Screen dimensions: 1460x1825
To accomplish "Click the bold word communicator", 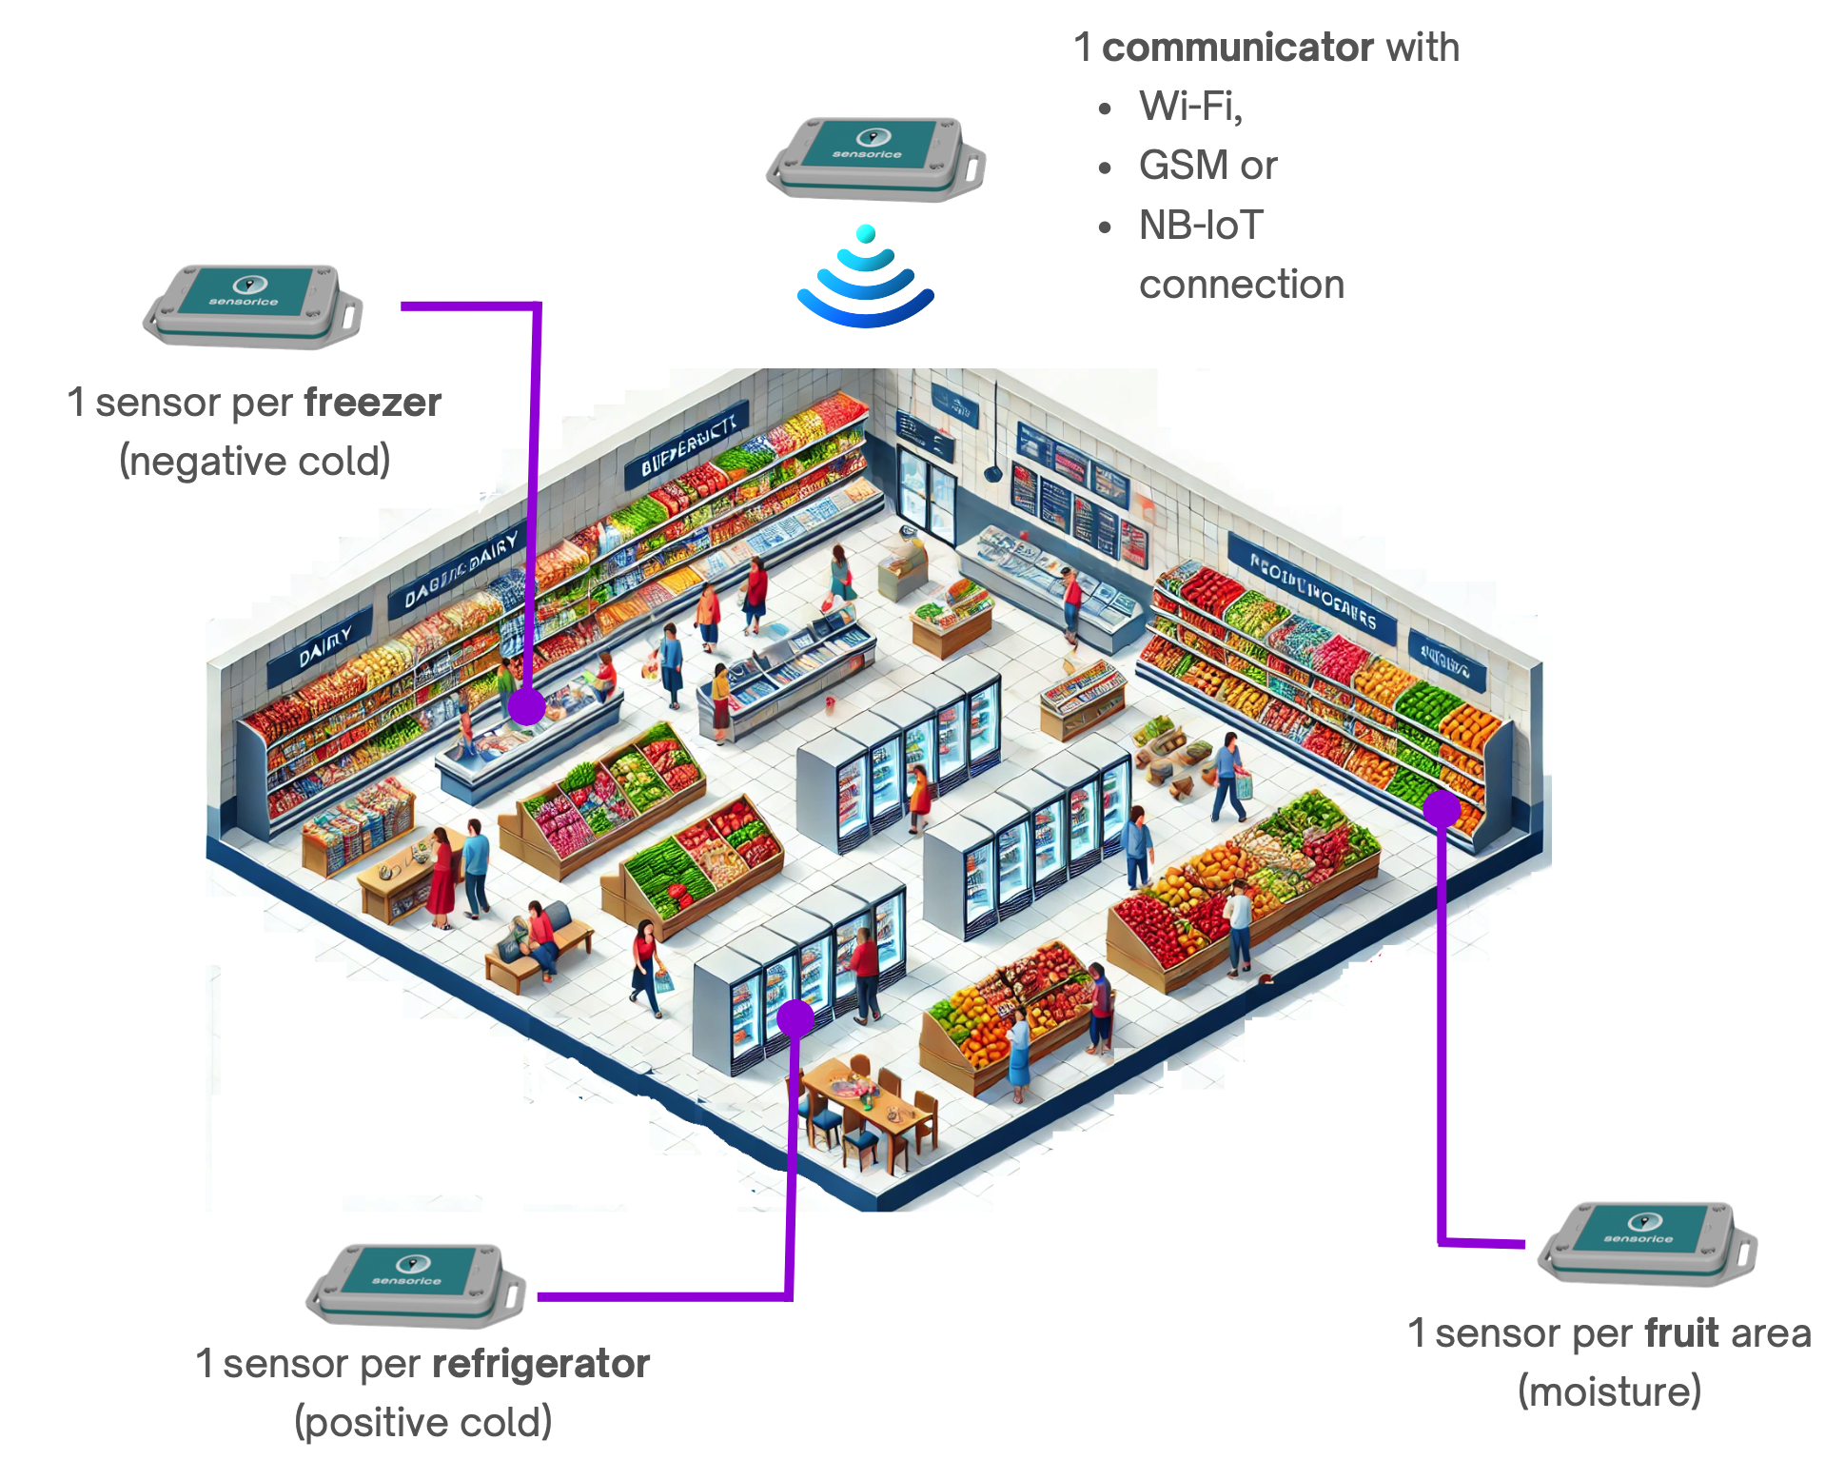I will click(x=1236, y=47).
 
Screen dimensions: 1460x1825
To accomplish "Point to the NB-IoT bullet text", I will click(x=1200, y=226).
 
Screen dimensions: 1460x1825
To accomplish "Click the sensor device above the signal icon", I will click(x=875, y=158).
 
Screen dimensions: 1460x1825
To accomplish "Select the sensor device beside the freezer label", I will click(x=253, y=306).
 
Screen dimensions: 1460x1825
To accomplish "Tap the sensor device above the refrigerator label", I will click(x=416, y=1285).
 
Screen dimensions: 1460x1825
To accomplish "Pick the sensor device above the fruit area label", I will click(x=1647, y=1242).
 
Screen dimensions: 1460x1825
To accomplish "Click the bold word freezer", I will click(x=372, y=403).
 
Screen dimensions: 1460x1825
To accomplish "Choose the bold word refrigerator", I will click(x=540, y=1363).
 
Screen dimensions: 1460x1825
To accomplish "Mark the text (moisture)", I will click(x=1608, y=1391).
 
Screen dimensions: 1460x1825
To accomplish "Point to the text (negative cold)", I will click(x=254, y=461).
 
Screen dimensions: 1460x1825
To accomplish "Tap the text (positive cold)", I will click(x=422, y=1422).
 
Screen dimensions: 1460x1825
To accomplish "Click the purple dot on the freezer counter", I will click(x=526, y=706).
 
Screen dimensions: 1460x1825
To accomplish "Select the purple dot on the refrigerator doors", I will click(x=795, y=1017).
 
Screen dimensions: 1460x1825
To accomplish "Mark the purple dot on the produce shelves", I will click(x=1441, y=808).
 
